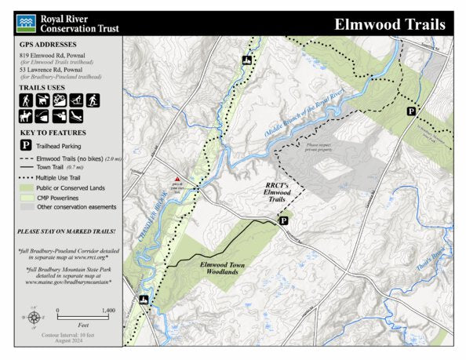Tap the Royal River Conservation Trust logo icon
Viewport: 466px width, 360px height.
point(26,24)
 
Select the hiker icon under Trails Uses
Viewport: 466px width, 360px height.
point(26,101)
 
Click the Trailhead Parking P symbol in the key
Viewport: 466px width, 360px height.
point(25,146)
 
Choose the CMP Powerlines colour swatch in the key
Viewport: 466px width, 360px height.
point(26,198)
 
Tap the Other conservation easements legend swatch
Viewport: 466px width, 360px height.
point(26,207)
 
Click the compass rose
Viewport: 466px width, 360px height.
point(35,318)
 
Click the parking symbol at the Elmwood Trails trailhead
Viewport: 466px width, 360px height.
point(284,222)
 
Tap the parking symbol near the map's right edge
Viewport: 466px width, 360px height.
point(410,112)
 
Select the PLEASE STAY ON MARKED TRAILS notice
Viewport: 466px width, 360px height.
point(67,231)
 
